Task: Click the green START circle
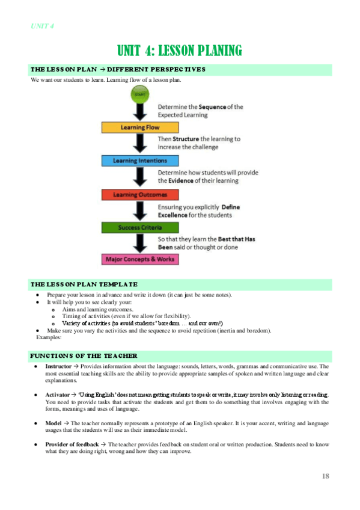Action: (140, 95)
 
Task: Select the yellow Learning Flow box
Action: (140, 127)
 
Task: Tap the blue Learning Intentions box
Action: (140, 161)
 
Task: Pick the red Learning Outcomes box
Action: (140, 195)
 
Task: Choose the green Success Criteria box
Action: (140, 228)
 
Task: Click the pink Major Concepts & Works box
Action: (140, 260)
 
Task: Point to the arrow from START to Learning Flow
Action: (140, 112)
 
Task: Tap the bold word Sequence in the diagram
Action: (212, 106)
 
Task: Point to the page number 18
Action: (325, 476)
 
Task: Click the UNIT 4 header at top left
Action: (42, 26)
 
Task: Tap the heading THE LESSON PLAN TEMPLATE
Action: (84, 284)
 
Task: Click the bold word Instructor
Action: (58, 366)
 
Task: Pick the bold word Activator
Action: (58, 395)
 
